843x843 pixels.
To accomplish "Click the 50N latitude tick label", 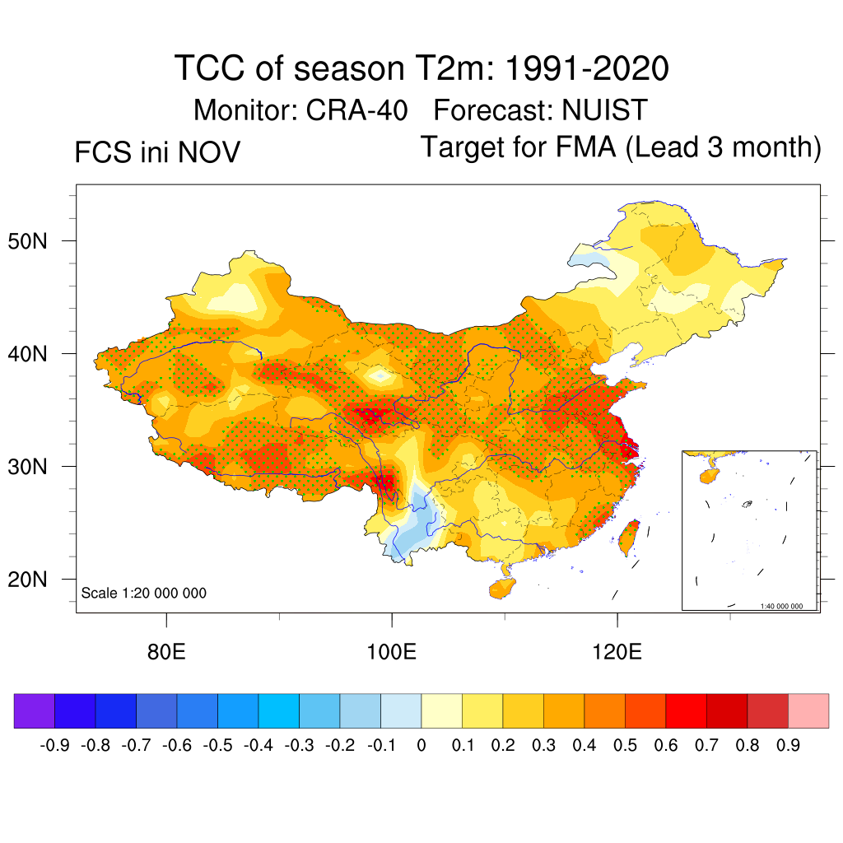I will [36, 242].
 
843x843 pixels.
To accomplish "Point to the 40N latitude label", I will [36, 355].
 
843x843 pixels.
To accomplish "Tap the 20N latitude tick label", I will [36, 580].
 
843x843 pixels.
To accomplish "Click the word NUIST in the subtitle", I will [604, 109].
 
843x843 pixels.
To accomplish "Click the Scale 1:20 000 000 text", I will [144, 593].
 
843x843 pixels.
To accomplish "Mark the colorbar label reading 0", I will [421, 746].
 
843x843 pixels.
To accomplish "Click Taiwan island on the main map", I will [631, 536].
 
